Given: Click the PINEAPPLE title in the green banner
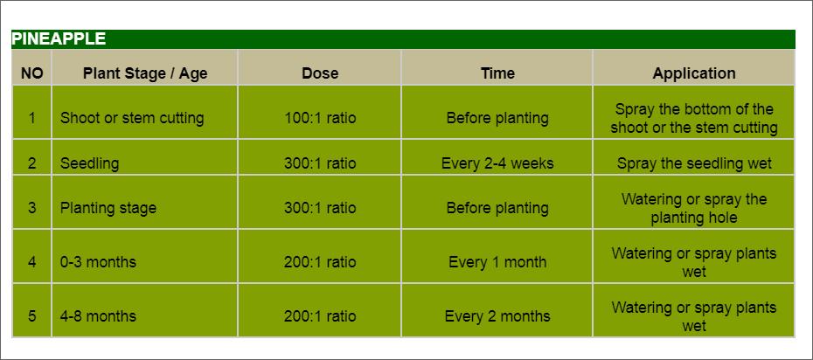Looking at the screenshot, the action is click(59, 38).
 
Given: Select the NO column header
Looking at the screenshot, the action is click(31, 73).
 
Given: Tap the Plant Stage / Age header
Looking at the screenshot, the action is click(145, 73).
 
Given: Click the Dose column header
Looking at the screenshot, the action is click(320, 73).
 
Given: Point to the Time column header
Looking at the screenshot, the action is click(497, 73).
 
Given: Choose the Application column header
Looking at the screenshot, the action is click(694, 73).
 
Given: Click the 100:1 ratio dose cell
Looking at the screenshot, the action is click(320, 118).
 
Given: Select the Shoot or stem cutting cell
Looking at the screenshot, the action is click(132, 118).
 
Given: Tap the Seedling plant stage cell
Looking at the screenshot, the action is click(89, 163).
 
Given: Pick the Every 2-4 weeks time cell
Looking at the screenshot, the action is click(497, 163).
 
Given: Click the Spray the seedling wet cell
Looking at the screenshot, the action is click(694, 163).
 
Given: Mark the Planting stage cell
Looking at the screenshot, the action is click(108, 208).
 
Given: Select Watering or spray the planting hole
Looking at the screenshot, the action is click(694, 208).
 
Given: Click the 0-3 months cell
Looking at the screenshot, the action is click(98, 262).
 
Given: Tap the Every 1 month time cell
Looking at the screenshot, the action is click(497, 262).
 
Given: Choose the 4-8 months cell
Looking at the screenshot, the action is click(98, 316).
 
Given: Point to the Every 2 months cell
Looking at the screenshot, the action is click(497, 316).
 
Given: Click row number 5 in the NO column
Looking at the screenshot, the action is click(31, 316).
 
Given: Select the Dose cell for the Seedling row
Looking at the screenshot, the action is click(320, 163).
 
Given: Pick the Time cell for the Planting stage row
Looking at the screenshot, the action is click(497, 208).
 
